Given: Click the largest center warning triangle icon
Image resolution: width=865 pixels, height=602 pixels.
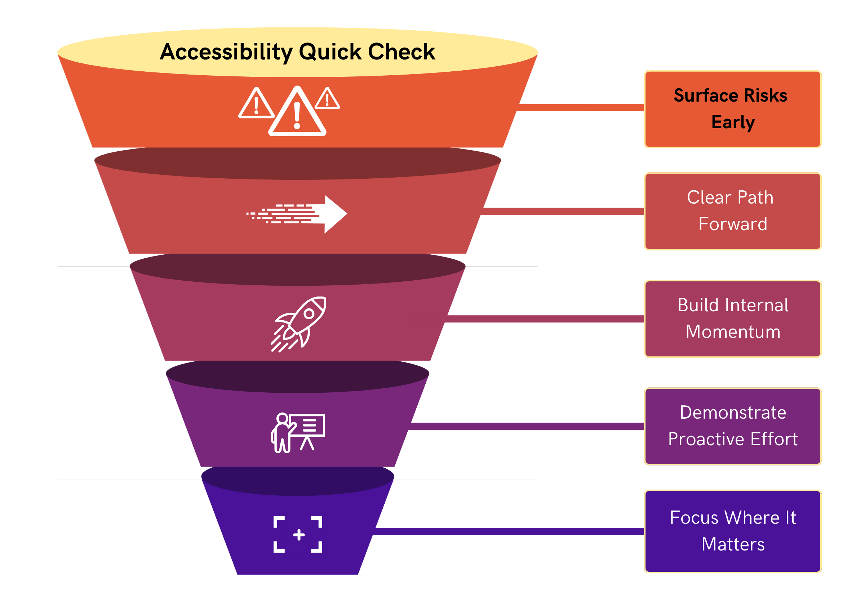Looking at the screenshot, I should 297,112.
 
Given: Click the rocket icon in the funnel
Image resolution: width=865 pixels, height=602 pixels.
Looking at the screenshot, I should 298,324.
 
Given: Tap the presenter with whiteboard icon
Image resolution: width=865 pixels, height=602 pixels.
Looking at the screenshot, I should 298,432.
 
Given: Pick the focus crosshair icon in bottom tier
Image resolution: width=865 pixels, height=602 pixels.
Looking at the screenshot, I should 298,534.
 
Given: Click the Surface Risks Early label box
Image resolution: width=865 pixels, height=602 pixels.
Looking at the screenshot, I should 732,109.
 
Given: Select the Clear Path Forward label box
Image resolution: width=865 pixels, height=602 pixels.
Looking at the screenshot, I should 732,211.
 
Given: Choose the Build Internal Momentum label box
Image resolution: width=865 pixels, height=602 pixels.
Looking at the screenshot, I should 732,318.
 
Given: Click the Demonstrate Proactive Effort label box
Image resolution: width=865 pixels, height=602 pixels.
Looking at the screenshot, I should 732,426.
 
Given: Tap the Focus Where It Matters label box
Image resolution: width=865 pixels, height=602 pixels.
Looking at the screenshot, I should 732,531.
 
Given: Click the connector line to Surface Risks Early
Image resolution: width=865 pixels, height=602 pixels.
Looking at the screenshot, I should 580,108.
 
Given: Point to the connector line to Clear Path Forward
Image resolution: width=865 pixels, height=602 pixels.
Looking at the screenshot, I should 563,211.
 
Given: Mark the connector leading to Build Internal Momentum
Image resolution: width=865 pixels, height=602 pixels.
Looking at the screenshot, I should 544,319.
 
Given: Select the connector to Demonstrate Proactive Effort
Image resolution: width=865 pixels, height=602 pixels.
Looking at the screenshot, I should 527,426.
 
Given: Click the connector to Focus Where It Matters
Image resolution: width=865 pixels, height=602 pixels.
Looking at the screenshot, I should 509,531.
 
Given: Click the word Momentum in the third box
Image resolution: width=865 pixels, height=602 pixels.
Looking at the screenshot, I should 733,332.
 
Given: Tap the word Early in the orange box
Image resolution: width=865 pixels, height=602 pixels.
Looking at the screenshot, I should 733,122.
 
